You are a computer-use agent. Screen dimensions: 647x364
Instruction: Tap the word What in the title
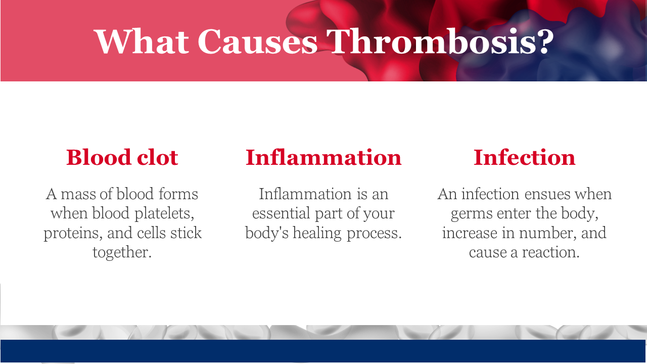[142, 41]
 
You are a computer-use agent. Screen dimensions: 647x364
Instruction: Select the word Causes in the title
[258, 41]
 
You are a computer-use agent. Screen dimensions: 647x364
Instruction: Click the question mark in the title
[545, 41]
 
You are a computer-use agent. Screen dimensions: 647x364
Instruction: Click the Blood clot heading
[122, 157]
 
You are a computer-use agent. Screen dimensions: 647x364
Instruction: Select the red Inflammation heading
[323, 157]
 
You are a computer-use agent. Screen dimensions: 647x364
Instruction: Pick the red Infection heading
[525, 157]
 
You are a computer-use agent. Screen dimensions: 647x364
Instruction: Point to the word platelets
[164, 214]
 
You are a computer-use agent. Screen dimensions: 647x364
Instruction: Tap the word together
[122, 253]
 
